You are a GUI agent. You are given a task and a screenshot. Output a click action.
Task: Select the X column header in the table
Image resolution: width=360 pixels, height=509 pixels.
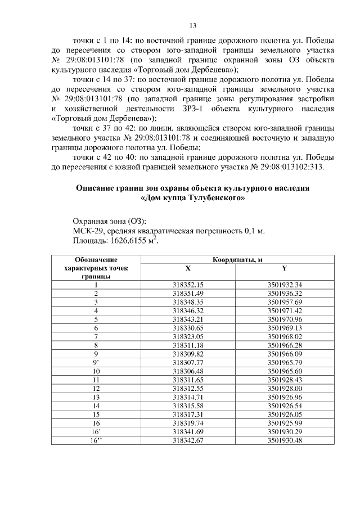point(188,268)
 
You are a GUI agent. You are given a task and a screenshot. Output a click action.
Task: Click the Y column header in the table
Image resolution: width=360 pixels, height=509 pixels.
point(284,268)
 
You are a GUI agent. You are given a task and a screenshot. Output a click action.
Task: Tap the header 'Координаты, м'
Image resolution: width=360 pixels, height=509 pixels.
point(237,260)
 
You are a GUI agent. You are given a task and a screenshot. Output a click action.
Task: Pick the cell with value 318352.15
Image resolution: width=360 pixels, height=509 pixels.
point(188,285)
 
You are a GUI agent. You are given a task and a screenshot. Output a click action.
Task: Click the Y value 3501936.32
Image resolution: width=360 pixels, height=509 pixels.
point(285,293)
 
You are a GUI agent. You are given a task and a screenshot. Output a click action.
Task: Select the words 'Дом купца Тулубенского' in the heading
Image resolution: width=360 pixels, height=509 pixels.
point(192,198)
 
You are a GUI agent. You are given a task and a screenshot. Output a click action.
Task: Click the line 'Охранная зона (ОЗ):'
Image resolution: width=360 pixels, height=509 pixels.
point(109,220)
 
